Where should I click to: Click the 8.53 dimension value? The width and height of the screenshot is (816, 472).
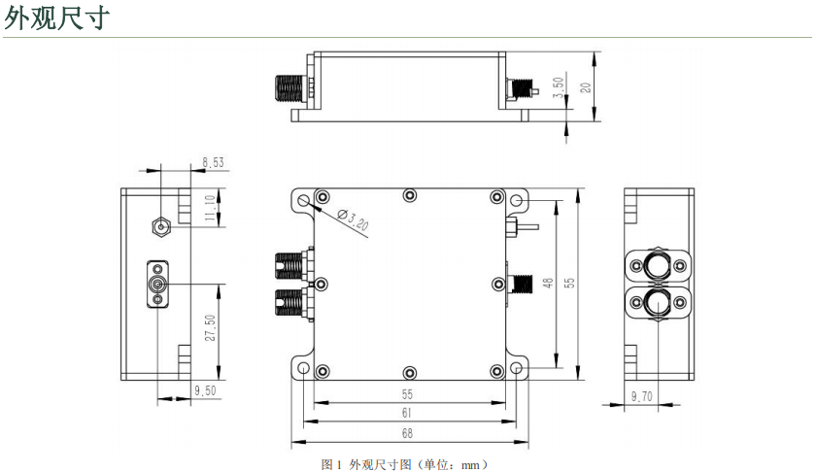(x=214, y=162)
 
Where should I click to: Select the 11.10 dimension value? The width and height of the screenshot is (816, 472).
(x=210, y=208)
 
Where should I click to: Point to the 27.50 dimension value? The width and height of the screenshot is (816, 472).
(x=210, y=328)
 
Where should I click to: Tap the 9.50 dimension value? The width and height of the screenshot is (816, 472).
(x=205, y=390)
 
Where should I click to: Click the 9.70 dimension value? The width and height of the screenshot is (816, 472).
(x=642, y=396)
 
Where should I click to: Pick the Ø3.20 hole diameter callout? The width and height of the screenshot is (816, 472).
(x=353, y=219)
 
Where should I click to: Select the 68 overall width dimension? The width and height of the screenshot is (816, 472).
(x=407, y=433)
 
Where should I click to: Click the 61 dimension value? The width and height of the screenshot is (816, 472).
(x=406, y=413)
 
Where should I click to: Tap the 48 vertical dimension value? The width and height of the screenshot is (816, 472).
(x=548, y=283)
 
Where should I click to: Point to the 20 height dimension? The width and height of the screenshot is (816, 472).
(x=586, y=87)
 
